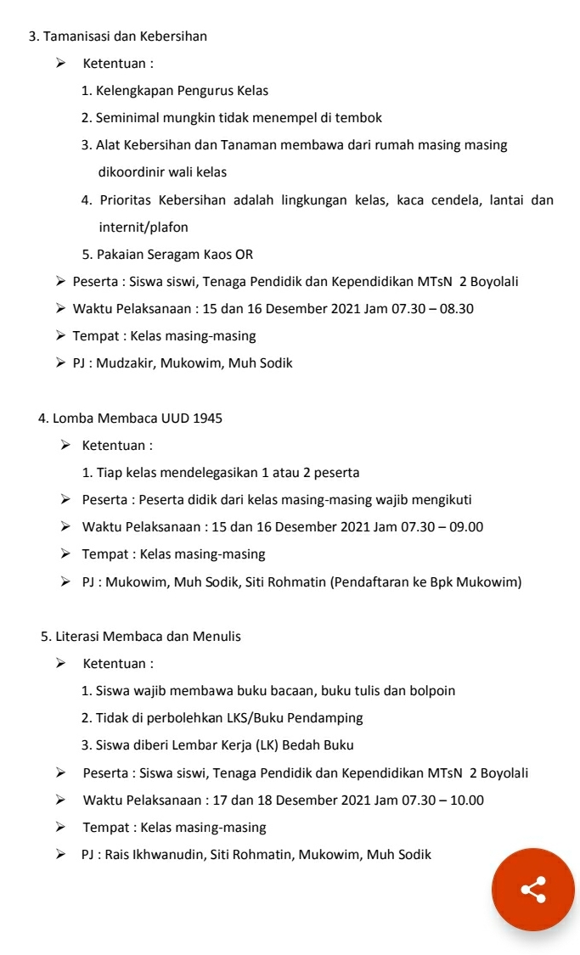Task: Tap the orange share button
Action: coord(532,889)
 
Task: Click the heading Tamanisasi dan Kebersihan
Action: coord(125,37)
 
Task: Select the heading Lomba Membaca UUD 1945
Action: coord(138,418)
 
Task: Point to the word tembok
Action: coord(361,118)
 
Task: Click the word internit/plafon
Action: coord(144,228)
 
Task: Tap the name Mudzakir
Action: coord(124,363)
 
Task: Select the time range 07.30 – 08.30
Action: coord(432,309)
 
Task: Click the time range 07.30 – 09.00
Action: coord(442,527)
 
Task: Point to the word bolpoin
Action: coord(431,691)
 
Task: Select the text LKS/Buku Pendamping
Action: coord(295,718)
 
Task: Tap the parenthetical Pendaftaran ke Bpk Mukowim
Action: coord(425,582)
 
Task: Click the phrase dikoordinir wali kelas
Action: coord(162,172)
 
